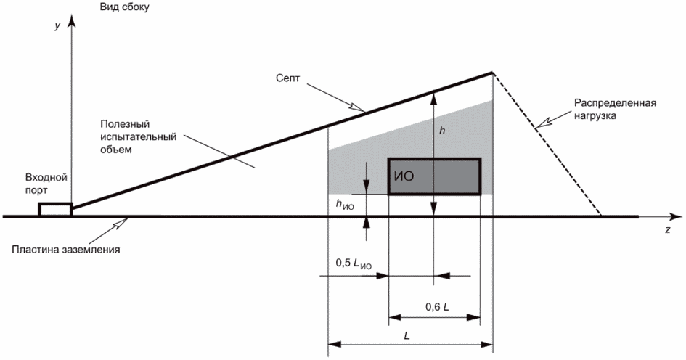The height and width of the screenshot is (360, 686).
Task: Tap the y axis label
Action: pyautogui.click(x=57, y=25)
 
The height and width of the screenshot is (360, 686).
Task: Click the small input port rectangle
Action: pyautogui.click(x=55, y=209)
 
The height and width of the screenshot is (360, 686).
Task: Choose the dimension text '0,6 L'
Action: pyautogui.click(x=437, y=306)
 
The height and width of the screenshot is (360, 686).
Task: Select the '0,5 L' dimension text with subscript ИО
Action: pyautogui.click(x=354, y=266)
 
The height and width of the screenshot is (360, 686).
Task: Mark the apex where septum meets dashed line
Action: pyautogui.click(x=492, y=72)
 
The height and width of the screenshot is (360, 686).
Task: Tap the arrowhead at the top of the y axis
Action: pyautogui.click(x=70, y=19)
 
